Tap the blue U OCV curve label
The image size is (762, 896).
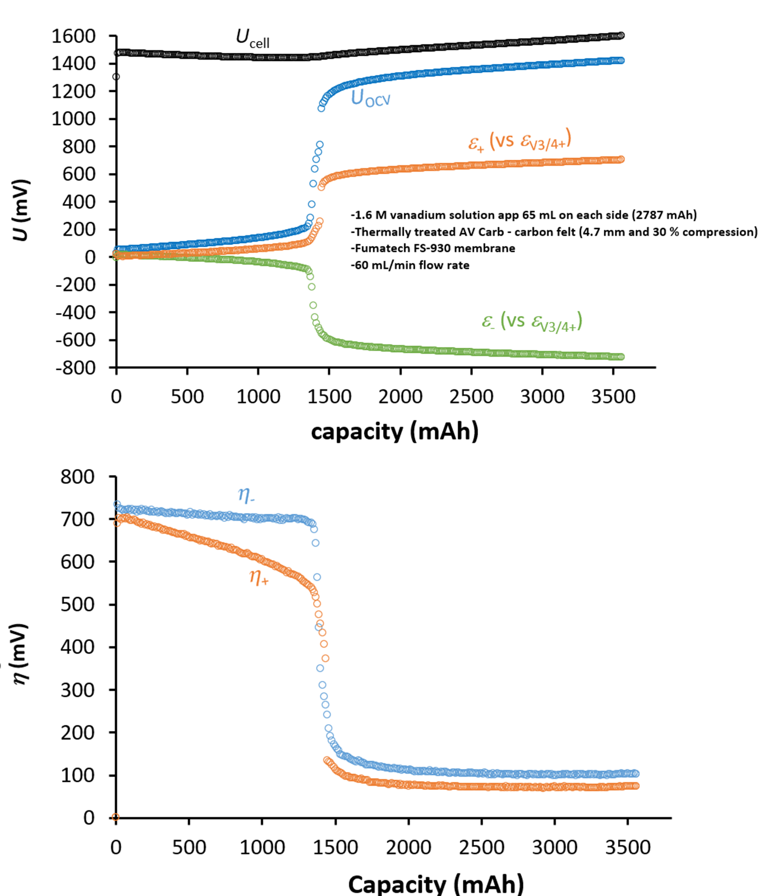[370, 99]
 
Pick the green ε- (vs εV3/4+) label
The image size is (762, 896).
[532, 322]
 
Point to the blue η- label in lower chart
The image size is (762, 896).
[246, 495]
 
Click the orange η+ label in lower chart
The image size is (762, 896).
[259, 577]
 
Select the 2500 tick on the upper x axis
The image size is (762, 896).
[471, 396]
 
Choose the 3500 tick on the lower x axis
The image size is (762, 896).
[628, 847]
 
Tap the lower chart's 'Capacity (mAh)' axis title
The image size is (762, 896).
[436, 883]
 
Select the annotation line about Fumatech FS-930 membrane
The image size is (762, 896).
[433, 248]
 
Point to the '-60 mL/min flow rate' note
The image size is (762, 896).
[410, 265]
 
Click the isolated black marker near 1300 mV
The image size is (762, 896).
[116, 77]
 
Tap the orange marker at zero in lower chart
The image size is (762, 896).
[115, 817]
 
